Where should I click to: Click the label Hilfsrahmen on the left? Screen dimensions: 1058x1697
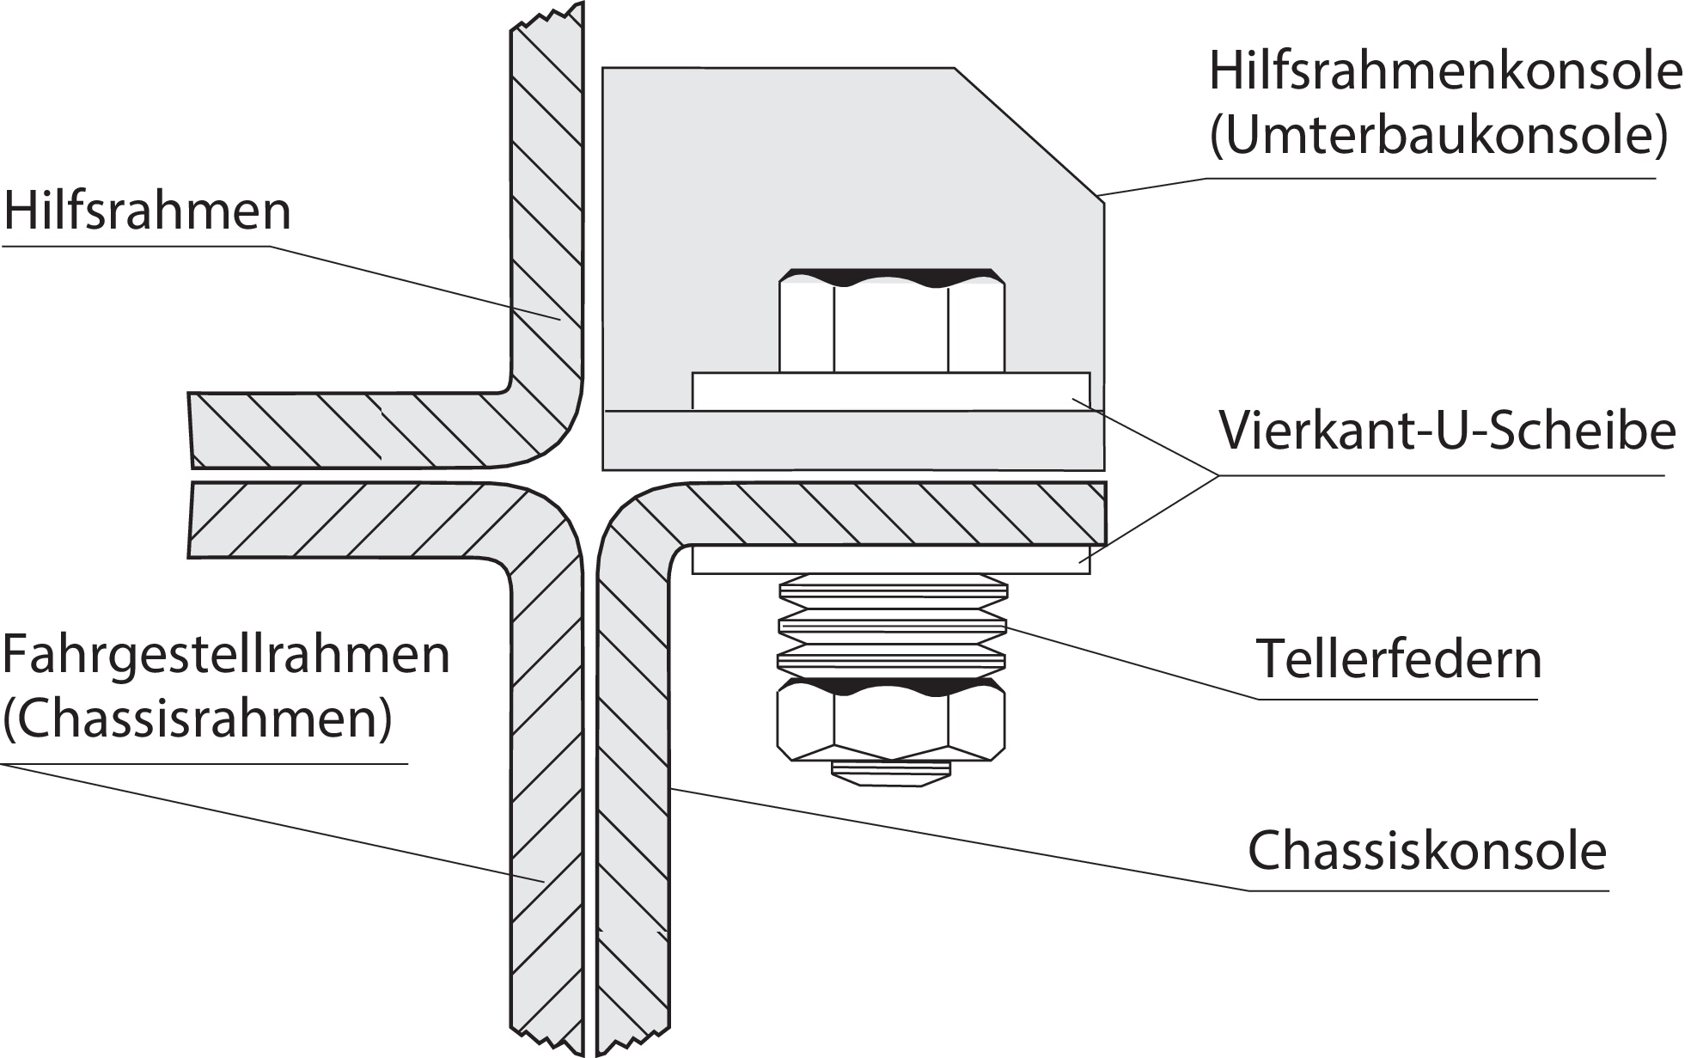pyautogui.click(x=148, y=211)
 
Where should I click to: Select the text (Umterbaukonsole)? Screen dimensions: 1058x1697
pyautogui.click(x=1438, y=136)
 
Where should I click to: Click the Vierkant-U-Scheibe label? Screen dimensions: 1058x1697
pyautogui.click(x=1447, y=431)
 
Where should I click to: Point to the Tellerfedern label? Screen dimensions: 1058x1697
pyautogui.click(x=1399, y=659)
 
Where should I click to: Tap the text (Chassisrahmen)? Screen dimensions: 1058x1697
pyautogui.click(x=198, y=720)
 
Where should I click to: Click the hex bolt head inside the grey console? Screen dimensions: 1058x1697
pyautogui.click(x=891, y=322)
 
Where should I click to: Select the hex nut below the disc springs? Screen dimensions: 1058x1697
pyautogui.click(x=891, y=720)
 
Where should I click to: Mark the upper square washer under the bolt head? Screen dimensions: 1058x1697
pyautogui.click(x=891, y=391)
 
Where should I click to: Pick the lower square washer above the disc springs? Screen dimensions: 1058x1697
pyautogui.click(x=891, y=560)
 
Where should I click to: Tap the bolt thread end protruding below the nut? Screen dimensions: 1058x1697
pyautogui.click(x=891, y=772)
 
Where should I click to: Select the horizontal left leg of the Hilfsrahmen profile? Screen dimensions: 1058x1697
pyautogui.click(x=344, y=430)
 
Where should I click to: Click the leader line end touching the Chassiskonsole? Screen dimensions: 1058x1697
pyautogui.click(x=673, y=787)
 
